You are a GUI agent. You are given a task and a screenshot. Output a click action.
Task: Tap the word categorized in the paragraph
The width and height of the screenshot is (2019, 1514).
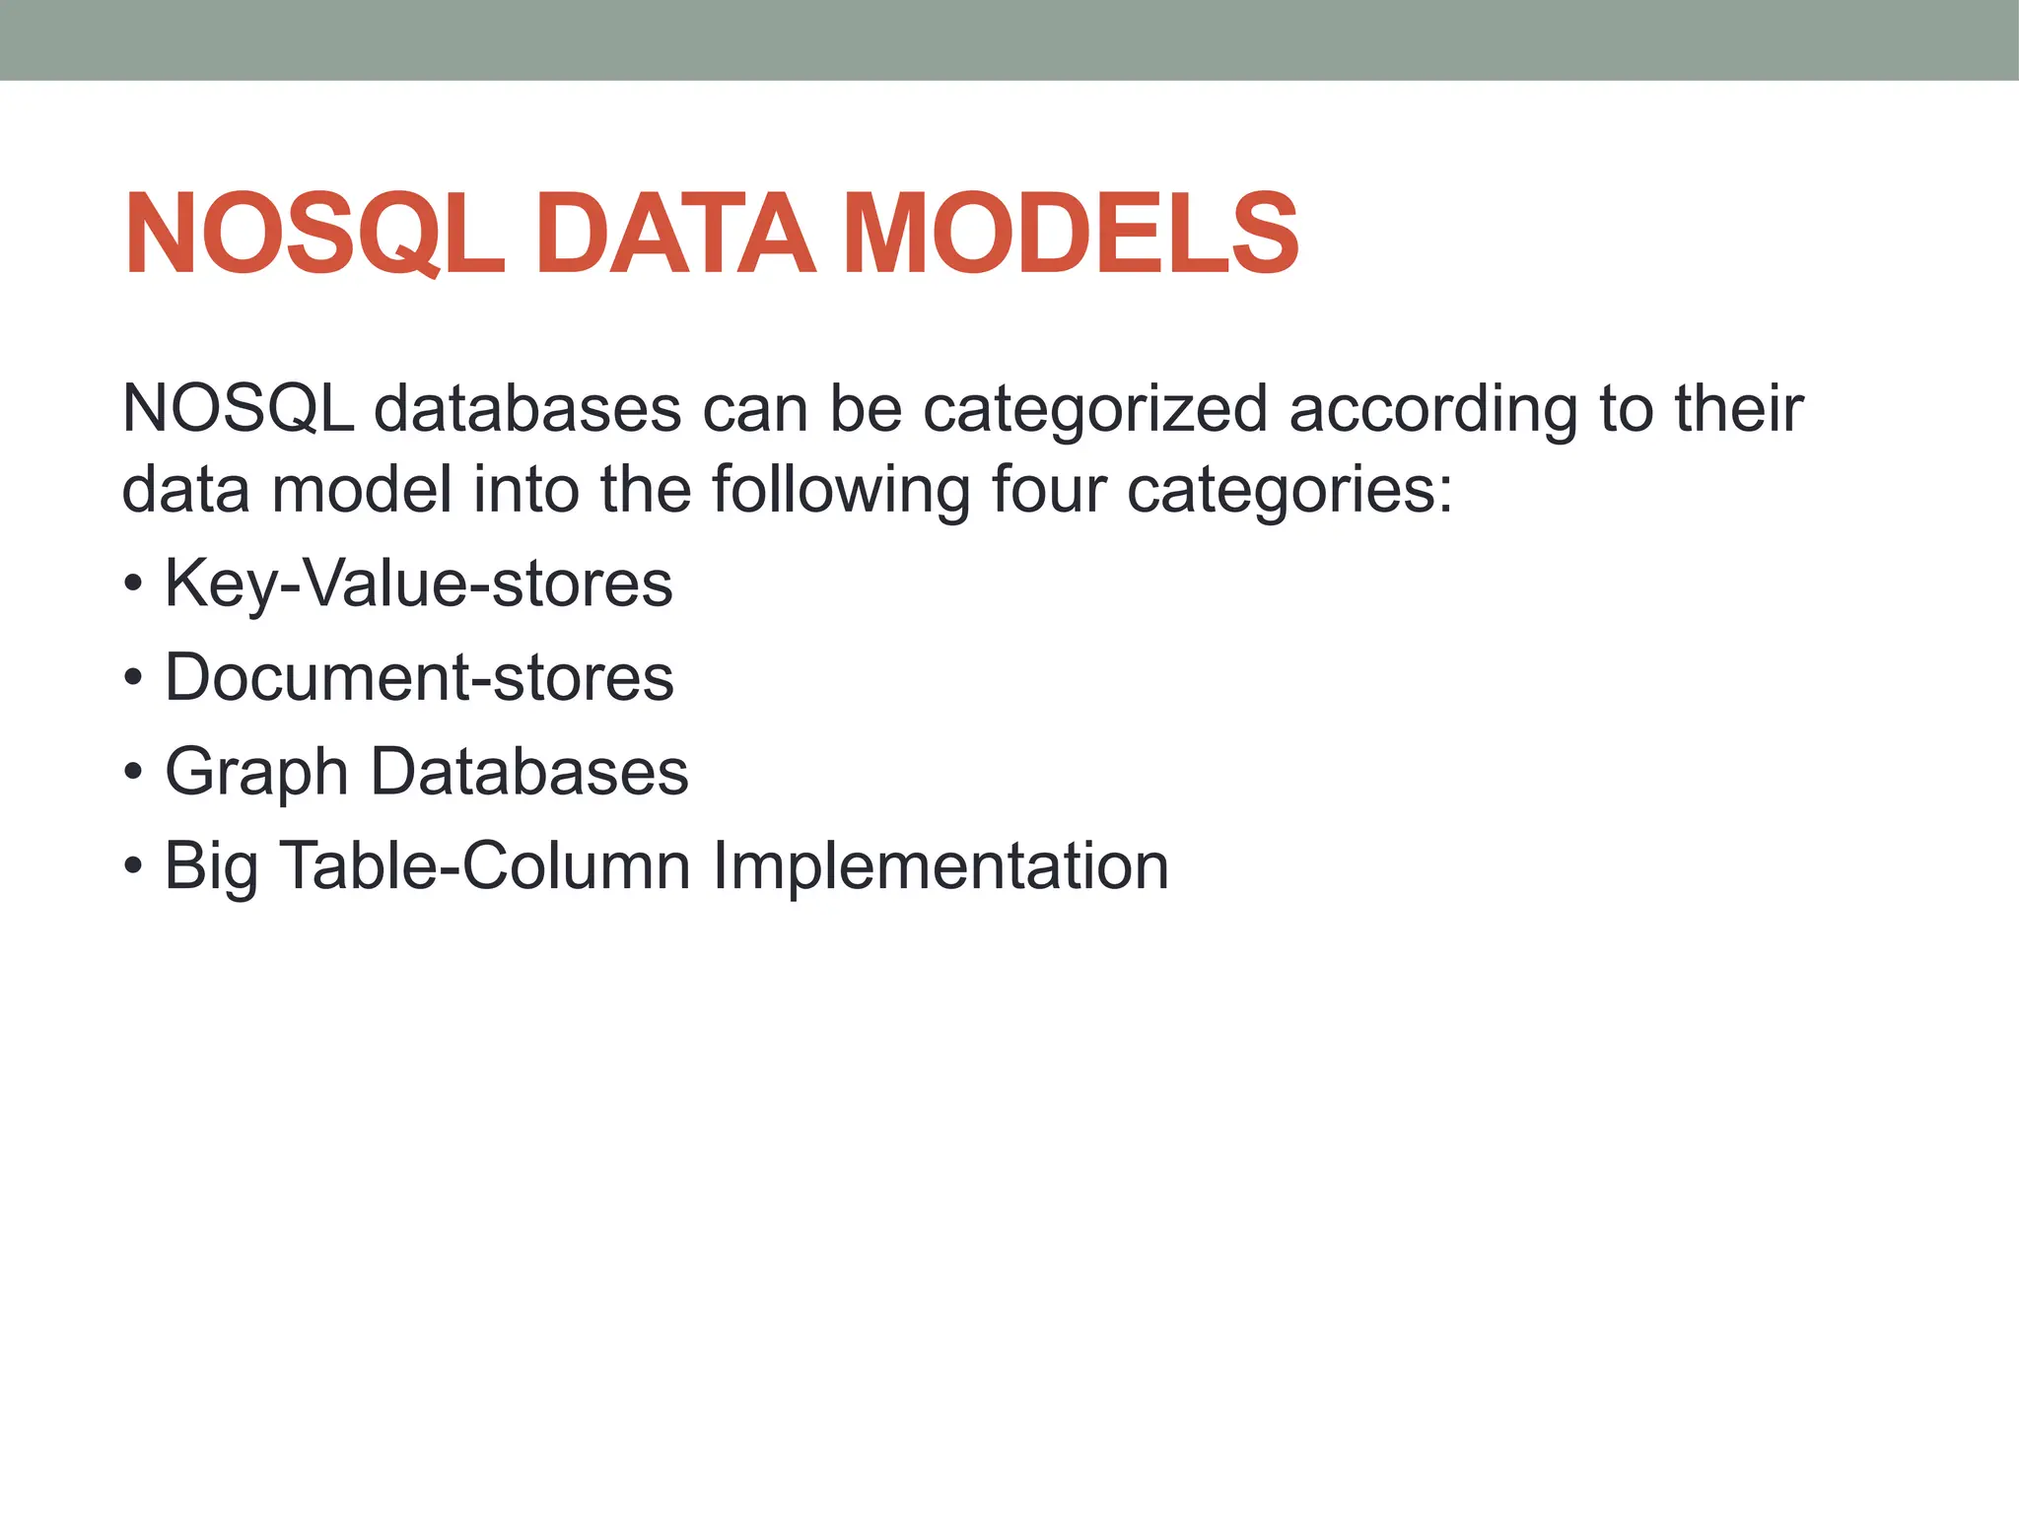click(x=1094, y=409)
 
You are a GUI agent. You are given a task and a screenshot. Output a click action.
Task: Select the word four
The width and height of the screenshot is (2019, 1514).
click(x=1048, y=490)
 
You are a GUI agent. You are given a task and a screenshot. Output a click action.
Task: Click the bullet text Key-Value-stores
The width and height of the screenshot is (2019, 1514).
click(x=418, y=584)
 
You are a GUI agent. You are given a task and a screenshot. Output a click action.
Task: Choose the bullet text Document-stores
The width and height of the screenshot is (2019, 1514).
click(x=419, y=678)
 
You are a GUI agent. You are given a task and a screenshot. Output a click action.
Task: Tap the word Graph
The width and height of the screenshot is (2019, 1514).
click(x=255, y=772)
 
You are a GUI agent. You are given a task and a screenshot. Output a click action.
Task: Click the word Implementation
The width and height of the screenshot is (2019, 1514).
click(x=940, y=866)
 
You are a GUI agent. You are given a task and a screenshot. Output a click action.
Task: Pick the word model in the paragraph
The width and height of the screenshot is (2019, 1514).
click(x=362, y=490)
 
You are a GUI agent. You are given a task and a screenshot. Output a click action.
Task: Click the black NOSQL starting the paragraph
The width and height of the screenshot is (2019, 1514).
click(x=238, y=409)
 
